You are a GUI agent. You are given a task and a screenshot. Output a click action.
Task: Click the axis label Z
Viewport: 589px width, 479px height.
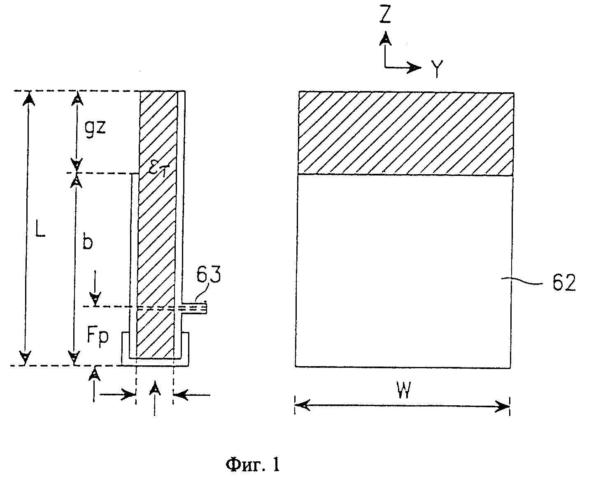pos(385,15)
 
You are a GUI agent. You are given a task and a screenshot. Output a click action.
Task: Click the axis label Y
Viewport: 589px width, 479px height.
pos(437,69)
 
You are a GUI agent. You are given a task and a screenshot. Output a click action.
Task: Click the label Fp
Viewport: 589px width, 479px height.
pos(98,337)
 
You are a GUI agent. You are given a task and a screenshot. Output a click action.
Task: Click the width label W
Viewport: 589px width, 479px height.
pos(404,390)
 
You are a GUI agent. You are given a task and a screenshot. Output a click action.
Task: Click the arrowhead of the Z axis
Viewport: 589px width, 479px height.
pos(385,38)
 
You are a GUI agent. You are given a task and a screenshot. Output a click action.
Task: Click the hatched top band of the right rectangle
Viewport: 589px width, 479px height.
pos(406,133)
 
